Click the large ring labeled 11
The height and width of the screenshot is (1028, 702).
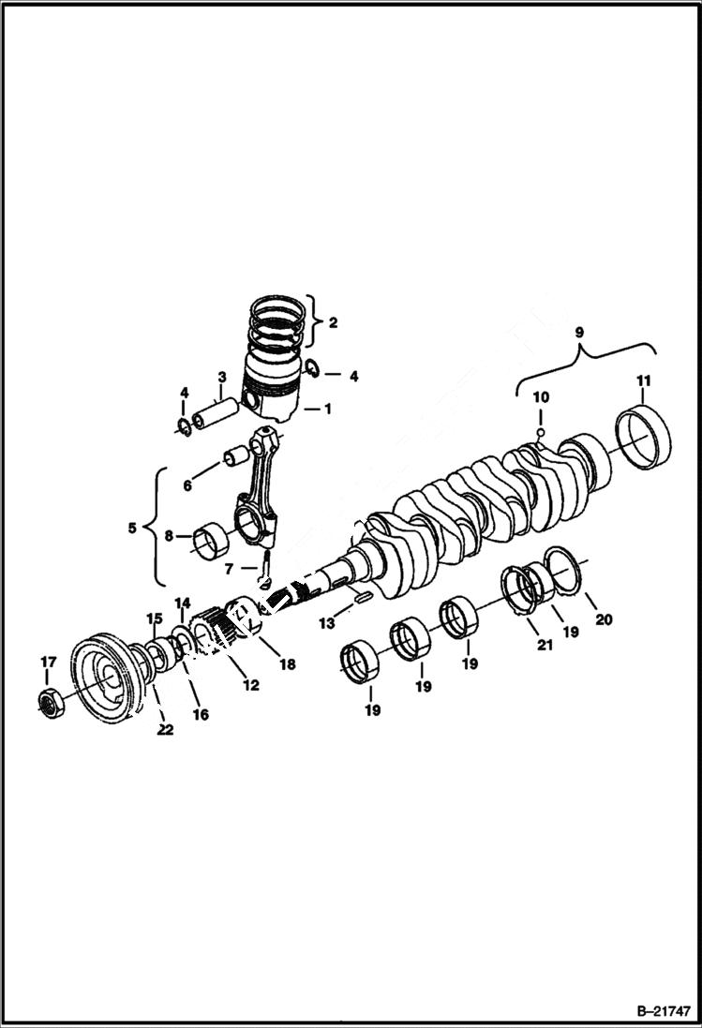coord(647,436)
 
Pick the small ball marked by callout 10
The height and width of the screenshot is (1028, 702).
coord(541,432)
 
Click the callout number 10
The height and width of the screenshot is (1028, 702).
coord(541,397)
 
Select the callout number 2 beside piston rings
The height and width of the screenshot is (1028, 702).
coord(333,322)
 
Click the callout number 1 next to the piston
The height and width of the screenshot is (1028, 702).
coord(327,409)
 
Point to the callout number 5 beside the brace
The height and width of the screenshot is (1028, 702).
coord(130,529)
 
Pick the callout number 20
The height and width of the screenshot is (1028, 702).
coord(604,619)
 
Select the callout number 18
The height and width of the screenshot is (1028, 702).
coord(287,664)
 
